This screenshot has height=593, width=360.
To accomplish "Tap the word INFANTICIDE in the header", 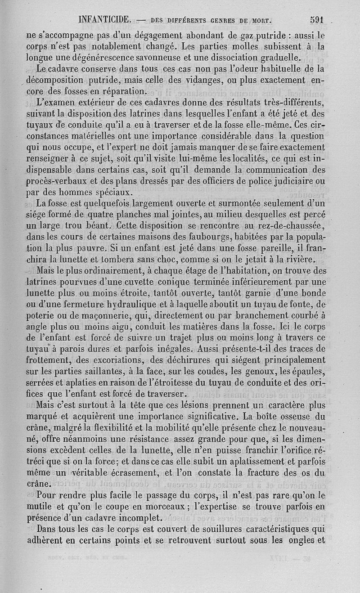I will click(x=104, y=20).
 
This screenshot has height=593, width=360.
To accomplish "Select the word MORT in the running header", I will click(x=263, y=20).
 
